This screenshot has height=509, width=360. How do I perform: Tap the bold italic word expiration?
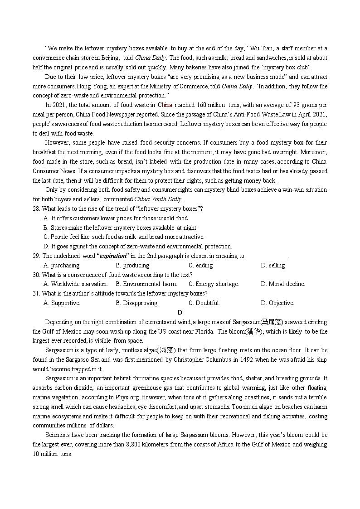tap(113, 256)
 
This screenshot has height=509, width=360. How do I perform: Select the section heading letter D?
tap(180, 312)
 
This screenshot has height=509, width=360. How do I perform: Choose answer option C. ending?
tap(200, 266)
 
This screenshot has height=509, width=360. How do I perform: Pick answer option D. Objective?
tap(277, 303)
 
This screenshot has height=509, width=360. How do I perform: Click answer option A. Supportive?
tap(62, 303)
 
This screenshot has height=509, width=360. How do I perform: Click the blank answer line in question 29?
tap(267, 257)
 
